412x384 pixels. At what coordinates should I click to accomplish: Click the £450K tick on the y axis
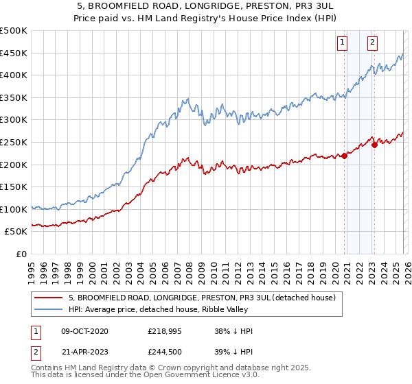(14, 53)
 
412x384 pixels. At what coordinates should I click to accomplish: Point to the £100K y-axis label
(14, 209)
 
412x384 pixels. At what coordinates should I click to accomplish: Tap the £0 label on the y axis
(21, 254)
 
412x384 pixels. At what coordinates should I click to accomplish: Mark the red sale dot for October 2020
(344, 156)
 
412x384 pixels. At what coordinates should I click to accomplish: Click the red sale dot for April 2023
(374, 144)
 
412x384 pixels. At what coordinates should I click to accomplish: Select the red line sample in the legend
(48, 298)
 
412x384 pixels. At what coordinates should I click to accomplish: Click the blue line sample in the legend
(48, 309)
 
